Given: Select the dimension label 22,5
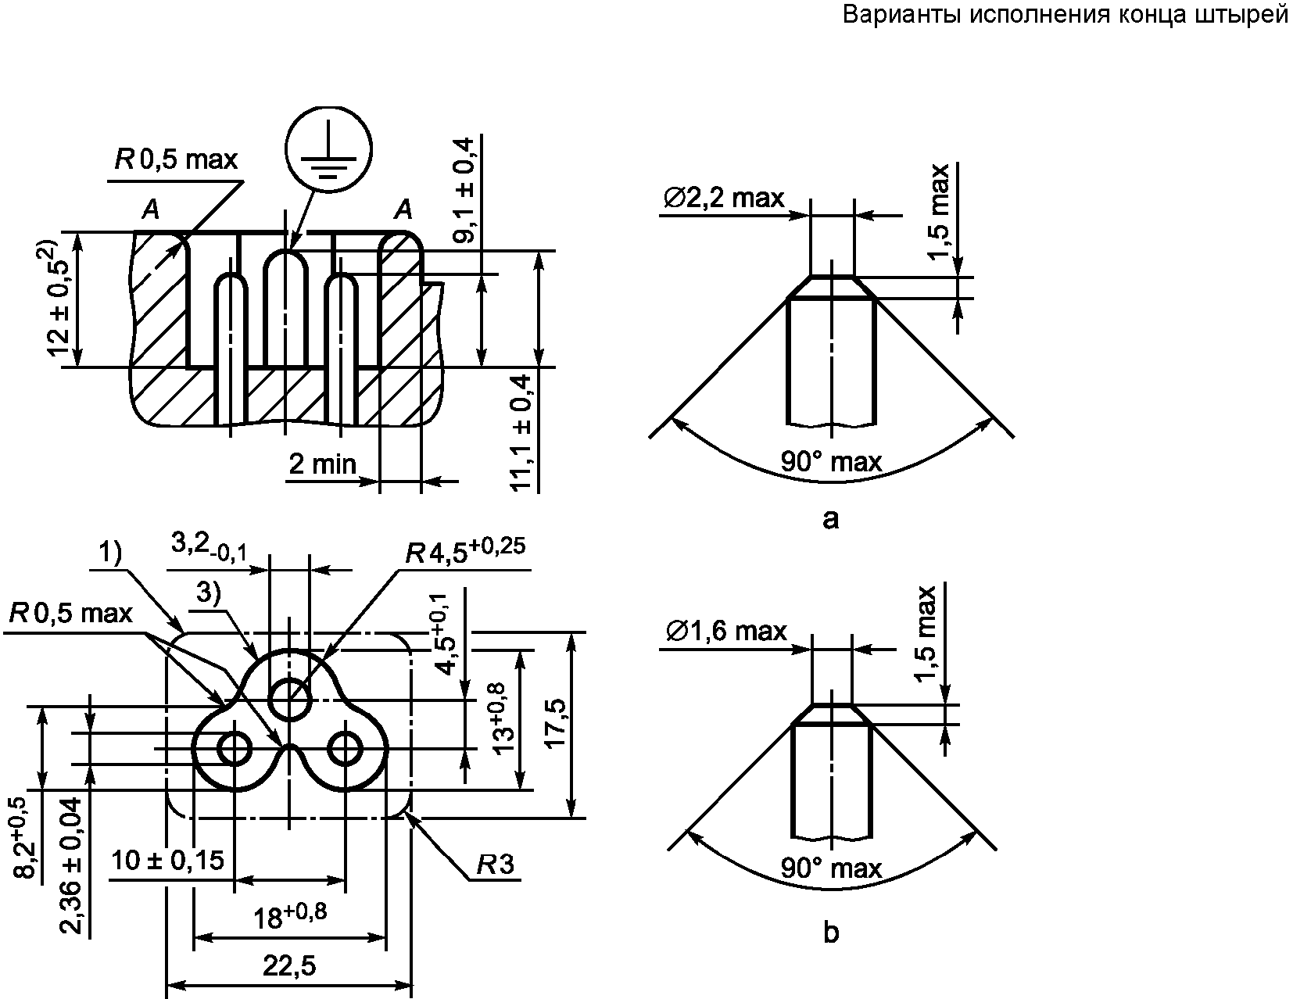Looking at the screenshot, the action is click(289, 965).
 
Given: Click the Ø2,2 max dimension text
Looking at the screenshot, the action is click(724, 198).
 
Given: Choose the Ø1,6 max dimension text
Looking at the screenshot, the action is click(726, 631).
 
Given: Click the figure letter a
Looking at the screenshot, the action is click(831, 519).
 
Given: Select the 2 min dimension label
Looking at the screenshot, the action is click(323, 464).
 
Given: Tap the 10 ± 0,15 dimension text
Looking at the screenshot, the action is click(168, 861).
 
